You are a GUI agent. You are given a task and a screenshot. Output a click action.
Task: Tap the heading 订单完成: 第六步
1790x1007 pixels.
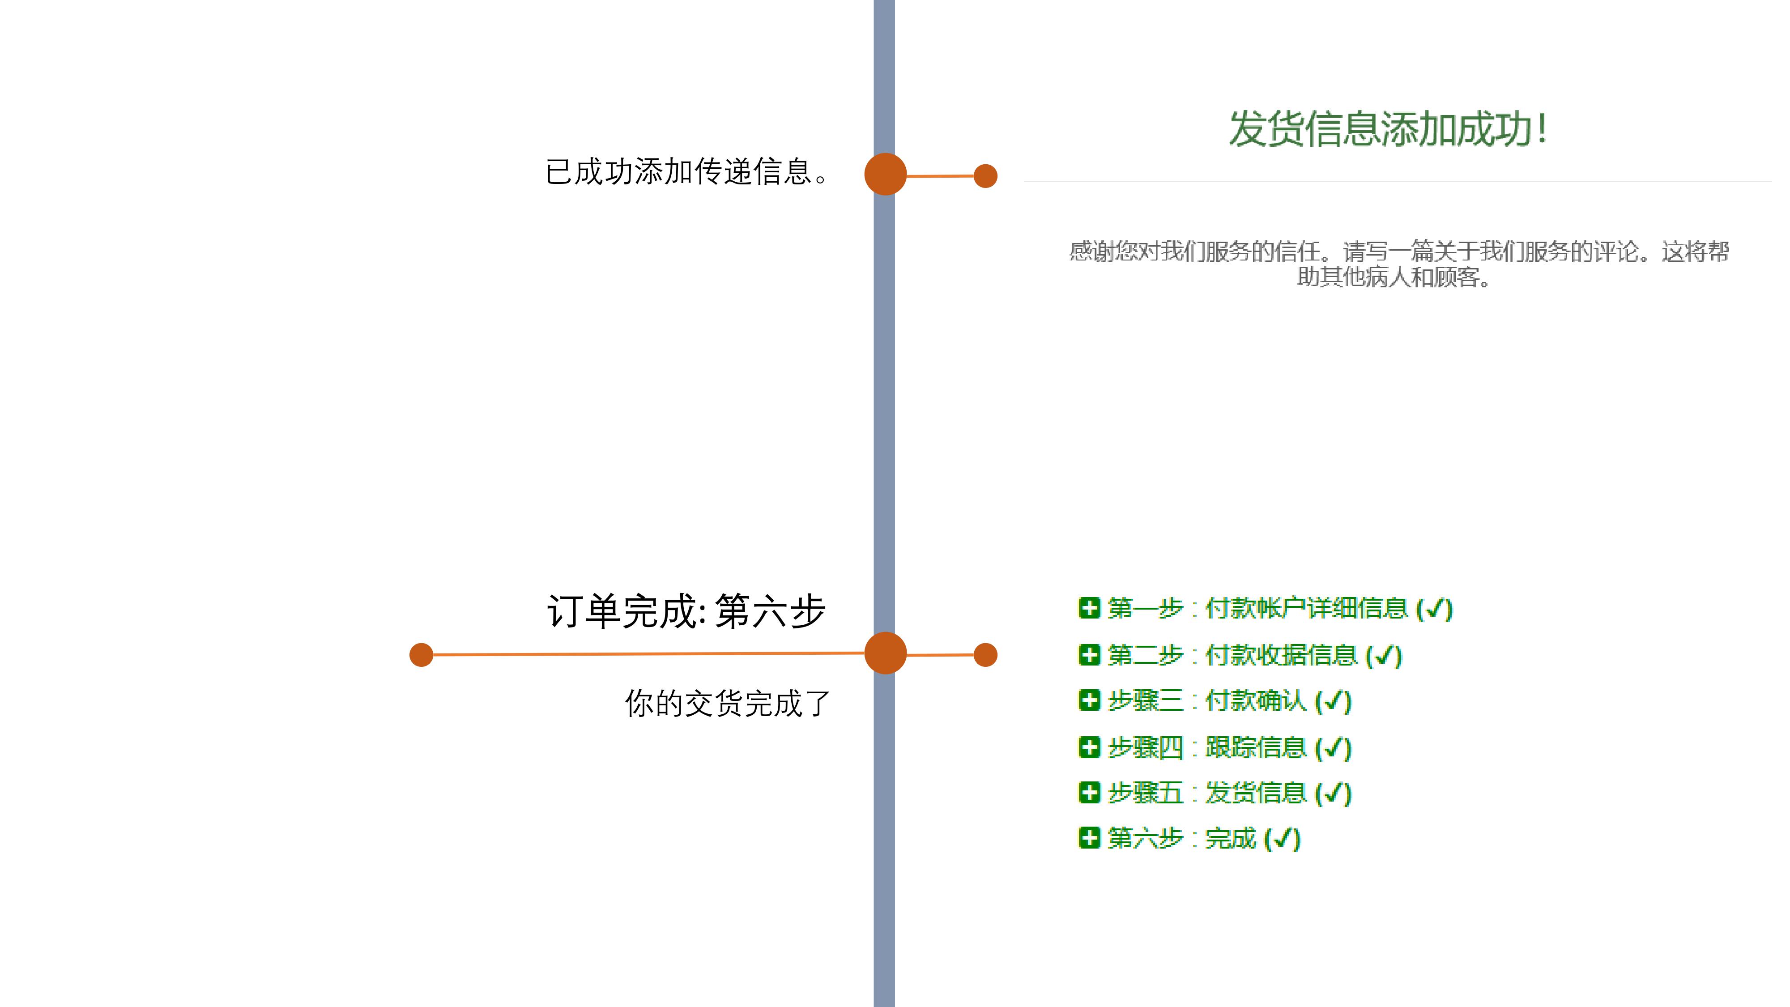[686, 611]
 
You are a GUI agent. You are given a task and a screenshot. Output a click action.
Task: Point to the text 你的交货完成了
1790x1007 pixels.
[727, 703]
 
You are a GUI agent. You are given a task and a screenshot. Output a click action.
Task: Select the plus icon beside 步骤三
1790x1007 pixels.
[1089, 700]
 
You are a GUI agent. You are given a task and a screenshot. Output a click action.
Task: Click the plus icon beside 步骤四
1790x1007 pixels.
[1089, 747]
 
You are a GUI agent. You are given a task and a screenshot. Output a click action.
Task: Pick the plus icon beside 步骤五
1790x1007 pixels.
[1089, 792]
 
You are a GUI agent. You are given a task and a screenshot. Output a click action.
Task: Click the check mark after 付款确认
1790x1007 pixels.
[1333, 702]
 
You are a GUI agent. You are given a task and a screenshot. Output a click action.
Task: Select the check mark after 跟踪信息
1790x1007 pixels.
[1333, 748]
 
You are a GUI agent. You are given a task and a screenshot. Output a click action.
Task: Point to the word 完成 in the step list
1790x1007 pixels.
[1231, 839]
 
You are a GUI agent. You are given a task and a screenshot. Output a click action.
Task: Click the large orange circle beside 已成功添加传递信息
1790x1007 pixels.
[885, 174]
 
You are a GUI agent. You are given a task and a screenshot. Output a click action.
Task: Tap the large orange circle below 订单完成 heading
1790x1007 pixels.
[885, 653]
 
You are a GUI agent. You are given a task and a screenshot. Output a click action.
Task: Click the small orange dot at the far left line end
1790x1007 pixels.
[421, 655]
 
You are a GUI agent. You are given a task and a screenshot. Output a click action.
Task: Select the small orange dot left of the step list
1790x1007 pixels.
[985, 655]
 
